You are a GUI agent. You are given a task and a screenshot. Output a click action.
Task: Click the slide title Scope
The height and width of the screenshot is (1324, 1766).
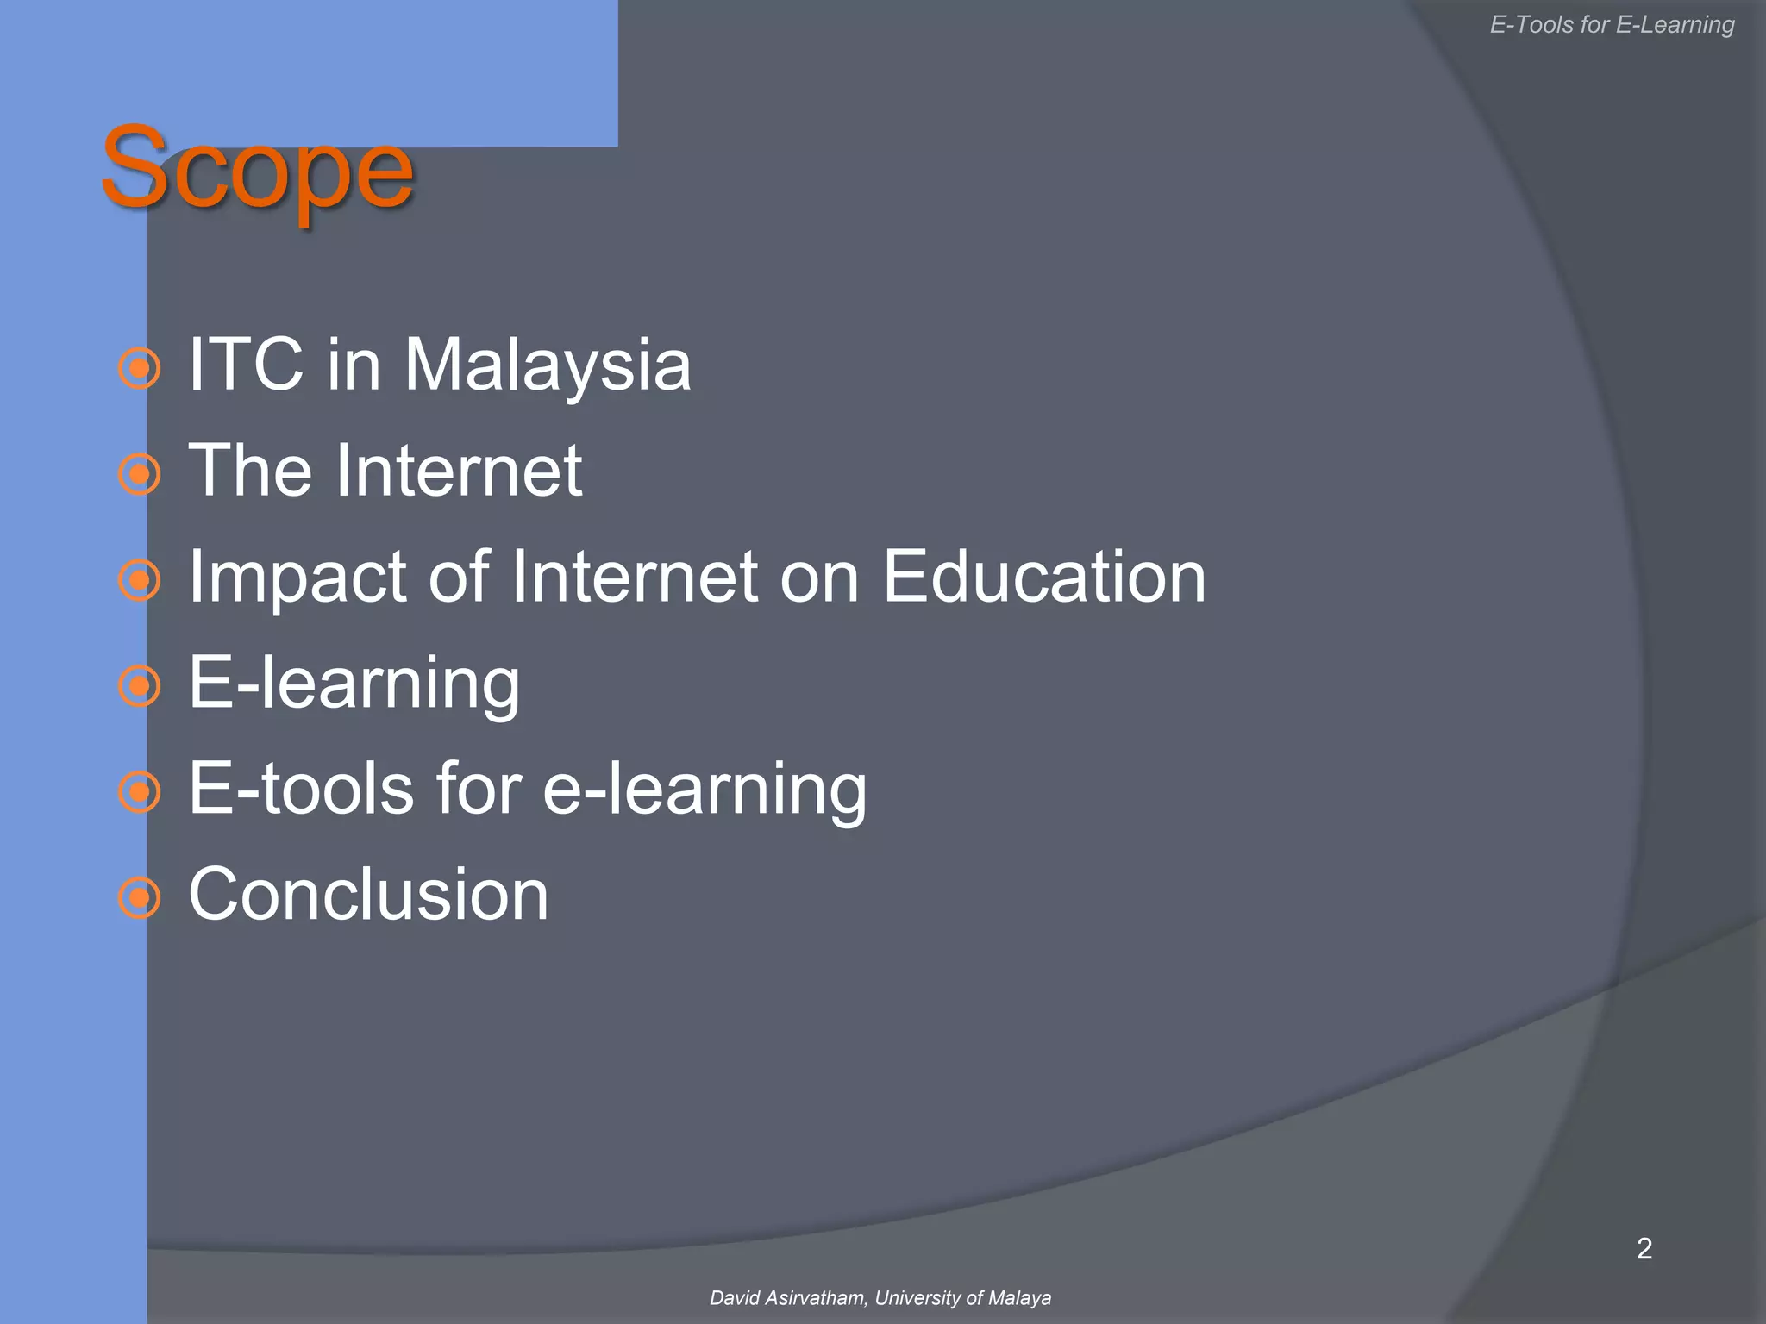257,168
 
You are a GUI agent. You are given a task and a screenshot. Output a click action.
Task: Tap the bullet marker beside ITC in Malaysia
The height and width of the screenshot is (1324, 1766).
139,368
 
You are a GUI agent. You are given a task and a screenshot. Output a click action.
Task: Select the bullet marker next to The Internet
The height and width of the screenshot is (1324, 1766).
139,474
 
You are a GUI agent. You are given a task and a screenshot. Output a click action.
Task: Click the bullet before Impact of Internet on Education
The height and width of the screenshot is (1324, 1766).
139,580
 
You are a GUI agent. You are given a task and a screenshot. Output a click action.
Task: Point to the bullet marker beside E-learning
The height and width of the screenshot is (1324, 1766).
139,686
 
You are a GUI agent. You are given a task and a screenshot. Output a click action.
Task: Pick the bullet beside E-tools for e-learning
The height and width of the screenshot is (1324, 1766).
139,792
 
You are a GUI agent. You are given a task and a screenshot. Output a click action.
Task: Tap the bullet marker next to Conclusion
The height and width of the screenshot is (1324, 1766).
139,898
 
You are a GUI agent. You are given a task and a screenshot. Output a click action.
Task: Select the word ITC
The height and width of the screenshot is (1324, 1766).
246,364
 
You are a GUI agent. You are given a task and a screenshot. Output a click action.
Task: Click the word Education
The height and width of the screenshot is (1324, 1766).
1043,576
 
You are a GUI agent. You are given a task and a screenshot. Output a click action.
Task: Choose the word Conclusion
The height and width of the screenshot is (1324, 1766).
368,895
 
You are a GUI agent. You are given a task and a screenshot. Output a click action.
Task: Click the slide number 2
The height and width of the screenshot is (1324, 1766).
1644,1248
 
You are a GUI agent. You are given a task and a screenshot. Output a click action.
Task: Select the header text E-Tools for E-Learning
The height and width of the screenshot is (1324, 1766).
1612,25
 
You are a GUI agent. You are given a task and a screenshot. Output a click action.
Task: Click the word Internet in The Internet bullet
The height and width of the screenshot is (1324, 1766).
459,471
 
